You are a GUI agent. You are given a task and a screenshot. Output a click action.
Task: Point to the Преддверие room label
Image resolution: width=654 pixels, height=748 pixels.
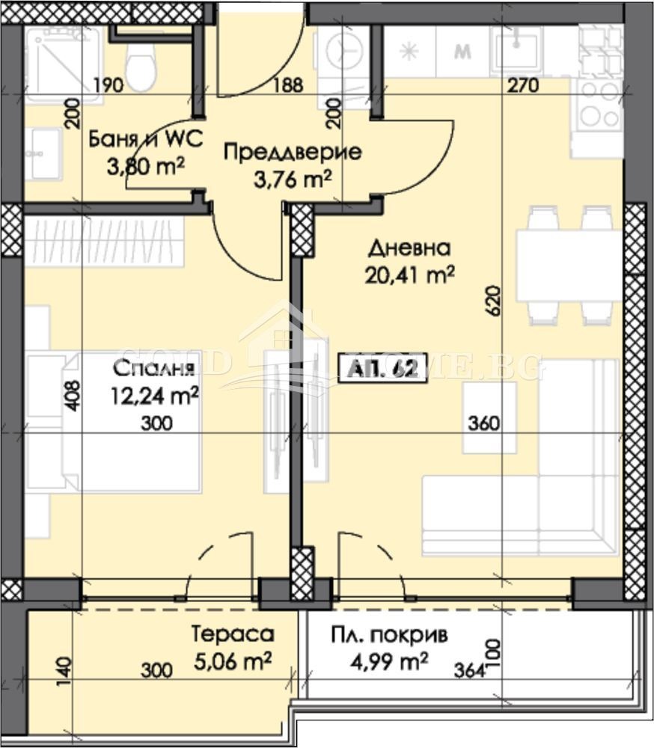click(293, 153)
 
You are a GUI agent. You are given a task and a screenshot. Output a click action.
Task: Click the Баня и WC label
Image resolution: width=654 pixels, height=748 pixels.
click(136, 139)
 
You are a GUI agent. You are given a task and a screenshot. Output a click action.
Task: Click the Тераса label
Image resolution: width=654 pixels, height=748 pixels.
click(233, 634)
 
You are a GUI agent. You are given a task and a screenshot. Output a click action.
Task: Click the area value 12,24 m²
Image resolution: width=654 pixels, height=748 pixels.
click(154, 396)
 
